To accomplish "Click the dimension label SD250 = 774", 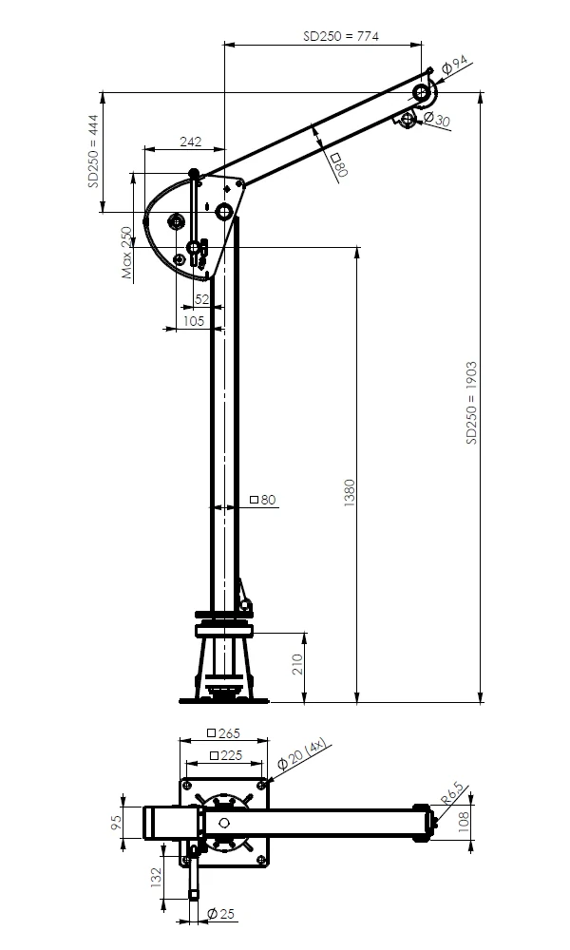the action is (341, 36).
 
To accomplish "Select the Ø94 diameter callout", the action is (455, 65).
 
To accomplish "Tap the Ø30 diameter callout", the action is (437, 119).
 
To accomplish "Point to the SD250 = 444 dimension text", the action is (93, 151).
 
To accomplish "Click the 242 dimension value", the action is (191, 142).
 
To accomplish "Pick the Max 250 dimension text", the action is (126, 252).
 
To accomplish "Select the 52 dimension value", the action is (201, 299).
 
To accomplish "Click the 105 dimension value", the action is (193, 320).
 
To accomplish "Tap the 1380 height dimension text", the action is (350, 492).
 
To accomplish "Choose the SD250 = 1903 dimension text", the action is (471, 403).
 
